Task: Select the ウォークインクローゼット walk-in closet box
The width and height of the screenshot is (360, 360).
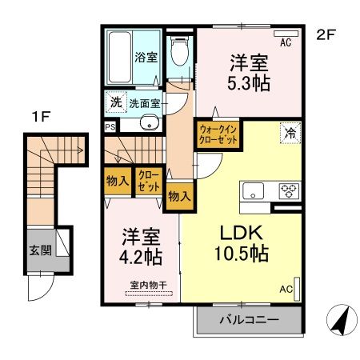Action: tap(217, 133)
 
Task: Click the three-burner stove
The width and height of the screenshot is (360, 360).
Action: tap(287, 190)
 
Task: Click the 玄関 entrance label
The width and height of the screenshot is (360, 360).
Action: tap(41, 250)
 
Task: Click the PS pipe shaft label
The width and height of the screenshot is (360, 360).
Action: tap(109, 126)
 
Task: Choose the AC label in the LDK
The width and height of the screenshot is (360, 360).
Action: tap(286, 290)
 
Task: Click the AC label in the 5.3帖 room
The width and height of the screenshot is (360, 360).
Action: tap(285, 44)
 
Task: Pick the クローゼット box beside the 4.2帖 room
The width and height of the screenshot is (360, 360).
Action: tap(147, 180)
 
